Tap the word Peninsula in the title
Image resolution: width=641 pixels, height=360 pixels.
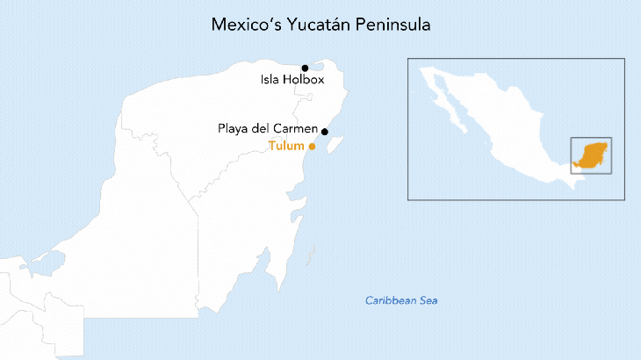[x=393, y=25]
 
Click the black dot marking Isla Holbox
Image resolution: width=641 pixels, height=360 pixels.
[x=305, y=68]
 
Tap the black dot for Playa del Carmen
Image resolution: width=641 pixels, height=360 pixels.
[x=325, y=132]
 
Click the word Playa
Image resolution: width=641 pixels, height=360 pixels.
[x=234, y=129]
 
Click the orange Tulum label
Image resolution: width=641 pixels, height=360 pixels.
[x=286, y=147]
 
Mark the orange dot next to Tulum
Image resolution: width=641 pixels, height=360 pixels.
[x=312, y=147]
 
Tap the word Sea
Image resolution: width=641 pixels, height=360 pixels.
[x=429, y=301]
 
